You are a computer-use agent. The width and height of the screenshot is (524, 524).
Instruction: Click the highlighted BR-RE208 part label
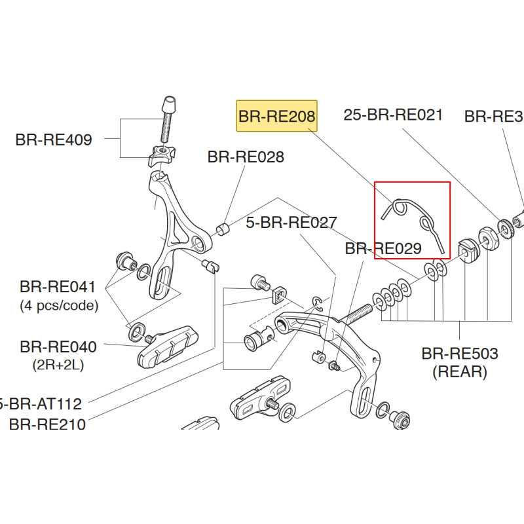276,117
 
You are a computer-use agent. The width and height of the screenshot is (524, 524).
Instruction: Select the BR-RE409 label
54,140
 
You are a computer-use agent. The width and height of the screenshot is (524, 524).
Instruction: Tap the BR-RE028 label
246,157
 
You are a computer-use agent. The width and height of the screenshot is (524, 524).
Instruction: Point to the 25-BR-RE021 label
393,115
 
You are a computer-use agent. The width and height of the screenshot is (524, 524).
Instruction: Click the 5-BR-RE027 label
291,223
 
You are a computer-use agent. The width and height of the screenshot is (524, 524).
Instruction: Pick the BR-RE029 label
383,249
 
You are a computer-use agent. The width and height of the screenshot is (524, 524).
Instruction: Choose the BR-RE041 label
58,286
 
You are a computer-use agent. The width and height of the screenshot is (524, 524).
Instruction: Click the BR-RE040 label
58,346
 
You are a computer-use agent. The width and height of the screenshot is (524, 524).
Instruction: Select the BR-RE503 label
460,354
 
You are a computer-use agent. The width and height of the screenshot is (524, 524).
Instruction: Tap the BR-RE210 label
47,424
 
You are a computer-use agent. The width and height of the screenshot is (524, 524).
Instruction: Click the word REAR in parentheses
460,372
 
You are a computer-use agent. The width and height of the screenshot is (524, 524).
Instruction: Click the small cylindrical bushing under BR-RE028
223,229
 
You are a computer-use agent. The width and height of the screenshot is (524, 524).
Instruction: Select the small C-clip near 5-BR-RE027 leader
316,302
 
